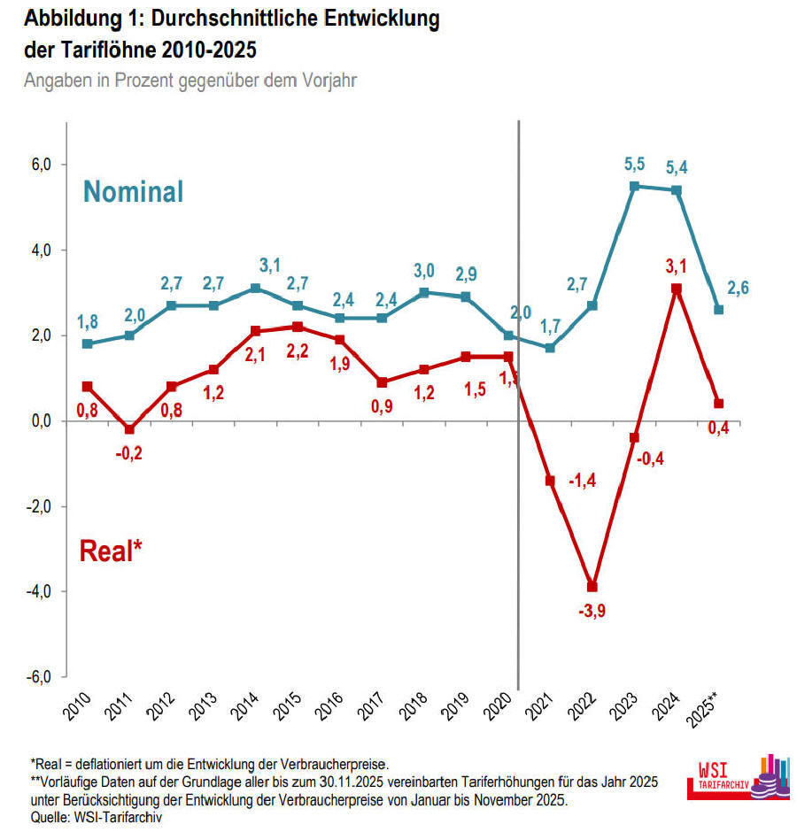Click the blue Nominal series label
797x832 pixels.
point(134,191)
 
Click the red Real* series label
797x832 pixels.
point(112,551)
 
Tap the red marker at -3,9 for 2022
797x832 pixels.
point(592,587)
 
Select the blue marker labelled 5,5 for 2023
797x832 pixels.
point(634,187)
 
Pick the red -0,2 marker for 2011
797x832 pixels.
point(129,429)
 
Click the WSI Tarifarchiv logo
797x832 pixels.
point(739,778)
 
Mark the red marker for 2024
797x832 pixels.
point(677,289)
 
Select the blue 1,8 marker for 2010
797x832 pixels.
point(87,343)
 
